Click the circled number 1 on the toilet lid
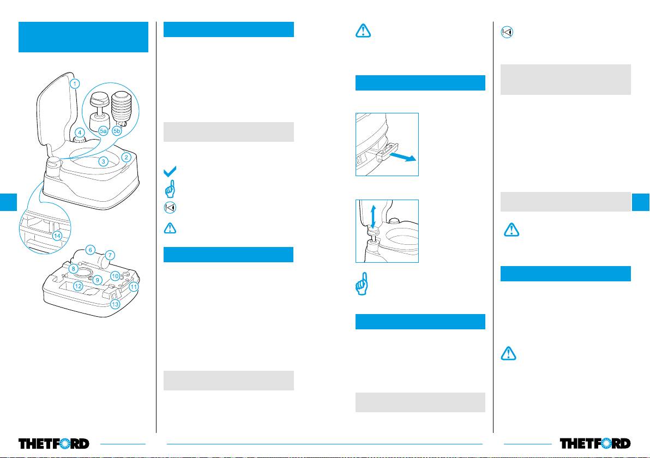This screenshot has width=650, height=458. pyautogui.click(x=75, y=84)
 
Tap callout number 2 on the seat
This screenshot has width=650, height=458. pyautogui.click(x=125, y=158)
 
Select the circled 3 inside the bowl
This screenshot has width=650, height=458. pyautogui.click(x=103, y=161)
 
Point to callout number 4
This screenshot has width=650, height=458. pyautogui.click(x=80, y=132)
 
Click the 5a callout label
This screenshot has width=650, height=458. pyautogui.click(x=103, y=131)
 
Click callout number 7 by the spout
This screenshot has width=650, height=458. pyautogui.click(x=110, y=255)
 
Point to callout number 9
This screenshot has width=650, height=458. pyautogui.click(x=98, y=280)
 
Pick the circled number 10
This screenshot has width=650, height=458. pyautogui.click(x=115, y=276)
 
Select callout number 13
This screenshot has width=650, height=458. pyautogui.click(x=115, y=304)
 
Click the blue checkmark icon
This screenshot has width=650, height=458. pyautogui.click(x=170, y=172)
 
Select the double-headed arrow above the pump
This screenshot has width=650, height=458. pyautogui.click(x=373, y=216)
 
